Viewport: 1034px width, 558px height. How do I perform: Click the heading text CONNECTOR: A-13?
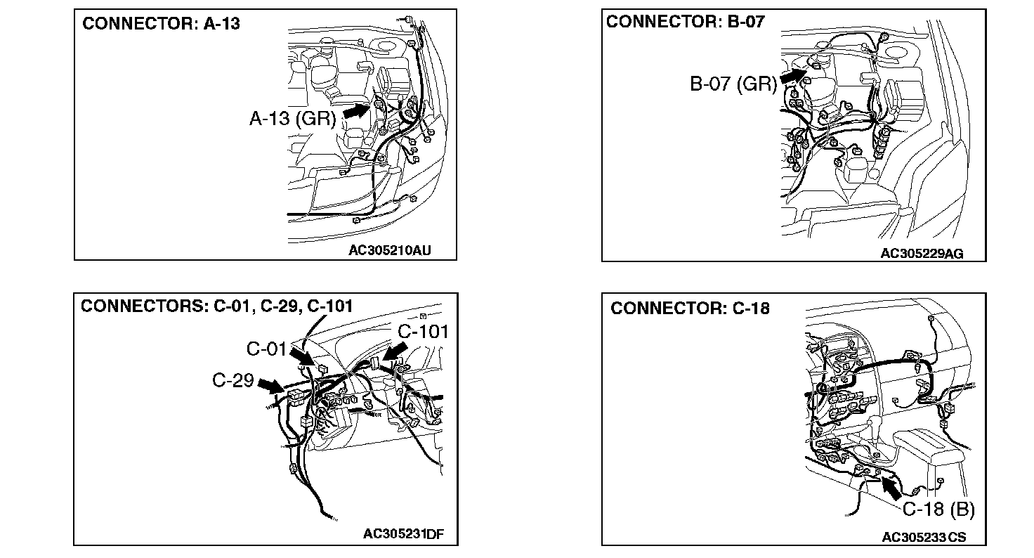pyautogui.click(x=161, y=24)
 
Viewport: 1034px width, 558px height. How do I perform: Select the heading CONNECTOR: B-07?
pyautogui.click(x=685, y=22)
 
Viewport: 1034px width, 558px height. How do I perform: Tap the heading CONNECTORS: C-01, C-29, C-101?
pyautogui.click(x=216, y=306)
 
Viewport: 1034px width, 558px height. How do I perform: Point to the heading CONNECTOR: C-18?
pyautogui.click(x=690, y=309)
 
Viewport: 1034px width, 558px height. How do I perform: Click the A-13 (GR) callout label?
pyautogui.click(x=293, y=118)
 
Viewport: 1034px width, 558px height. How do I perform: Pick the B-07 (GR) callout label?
pyautogui.click(x=733, y=84)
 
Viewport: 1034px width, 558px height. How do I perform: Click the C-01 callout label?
pyautogui.click(x=267, y=348)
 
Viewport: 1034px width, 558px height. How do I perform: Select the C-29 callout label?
pyautogui.click(x=233, y=380)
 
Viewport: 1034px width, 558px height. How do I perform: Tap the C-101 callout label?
pyautogui.click(x=423, y=331)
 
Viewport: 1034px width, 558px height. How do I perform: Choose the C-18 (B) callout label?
pyautogui.click(x=938, y=510)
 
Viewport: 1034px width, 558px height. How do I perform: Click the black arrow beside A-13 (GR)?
pyautogui.click(x=355, y=110)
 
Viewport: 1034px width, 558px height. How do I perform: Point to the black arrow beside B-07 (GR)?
pyautogui.click(x=794, y=74)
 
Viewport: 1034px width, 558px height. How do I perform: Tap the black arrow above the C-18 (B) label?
pyautogui.click(x=891, y=486)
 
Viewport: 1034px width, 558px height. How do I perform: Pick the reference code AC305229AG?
pyautogui.click(x=922, y=253)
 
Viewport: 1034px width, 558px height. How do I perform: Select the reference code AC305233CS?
pyautogui.click(x=924, y=538)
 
